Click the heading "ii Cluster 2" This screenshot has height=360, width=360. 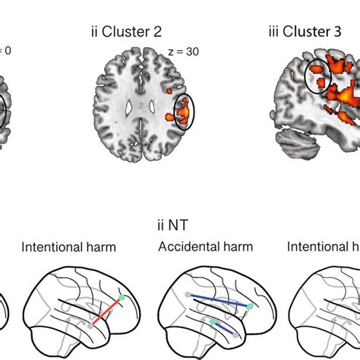pos(125,33)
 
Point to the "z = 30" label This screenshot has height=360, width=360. pos(183,51)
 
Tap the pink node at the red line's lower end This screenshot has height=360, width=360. pos(90,325)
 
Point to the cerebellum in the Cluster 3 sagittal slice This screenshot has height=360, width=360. pos(293,141)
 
